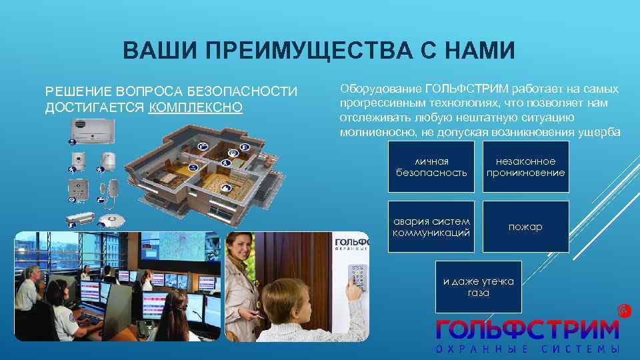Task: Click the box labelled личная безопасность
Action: [431, 167]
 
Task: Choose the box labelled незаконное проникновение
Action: [525, 167]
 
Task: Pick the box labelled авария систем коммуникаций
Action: [431, 227]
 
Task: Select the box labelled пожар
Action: [525, 227]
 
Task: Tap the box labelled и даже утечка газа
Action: [479, 287]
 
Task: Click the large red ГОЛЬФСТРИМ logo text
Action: [527, 329]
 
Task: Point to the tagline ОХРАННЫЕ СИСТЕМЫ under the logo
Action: [527, 350]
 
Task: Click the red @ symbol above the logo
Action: [623, 310]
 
